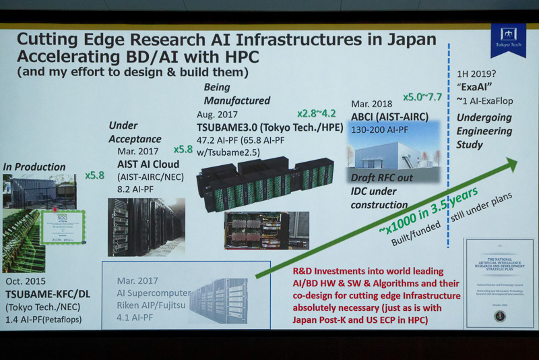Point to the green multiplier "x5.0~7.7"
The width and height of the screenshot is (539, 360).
click(x=422, y=96)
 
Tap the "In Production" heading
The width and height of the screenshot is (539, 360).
click(x=34, y=167)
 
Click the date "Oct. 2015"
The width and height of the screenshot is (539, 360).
click(x=28, y=280)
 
